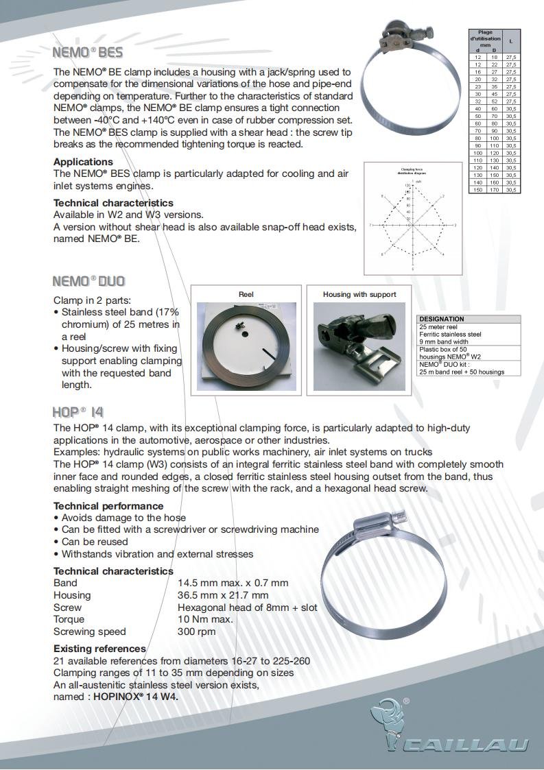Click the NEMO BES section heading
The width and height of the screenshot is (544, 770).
tap(88, 52)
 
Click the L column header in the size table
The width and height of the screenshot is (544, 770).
tap(511, 42)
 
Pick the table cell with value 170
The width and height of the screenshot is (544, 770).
tap(493, 189)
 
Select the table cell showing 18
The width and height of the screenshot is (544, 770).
tap(493, 57)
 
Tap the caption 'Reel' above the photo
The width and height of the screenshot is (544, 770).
tap(246, 294)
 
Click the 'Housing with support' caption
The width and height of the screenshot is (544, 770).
tap(359, 294)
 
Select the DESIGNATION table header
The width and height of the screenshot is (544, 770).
tap(442, 319)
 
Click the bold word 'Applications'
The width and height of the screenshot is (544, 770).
tap(83, 162)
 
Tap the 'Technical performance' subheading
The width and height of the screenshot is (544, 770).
tap(108, 506)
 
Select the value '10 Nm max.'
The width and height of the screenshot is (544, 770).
tap(205, 619)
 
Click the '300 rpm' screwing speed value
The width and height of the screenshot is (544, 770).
tap(196, 631)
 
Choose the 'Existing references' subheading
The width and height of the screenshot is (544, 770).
tap(99, 649)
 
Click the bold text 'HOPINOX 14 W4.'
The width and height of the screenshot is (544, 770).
tap(141, 697)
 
